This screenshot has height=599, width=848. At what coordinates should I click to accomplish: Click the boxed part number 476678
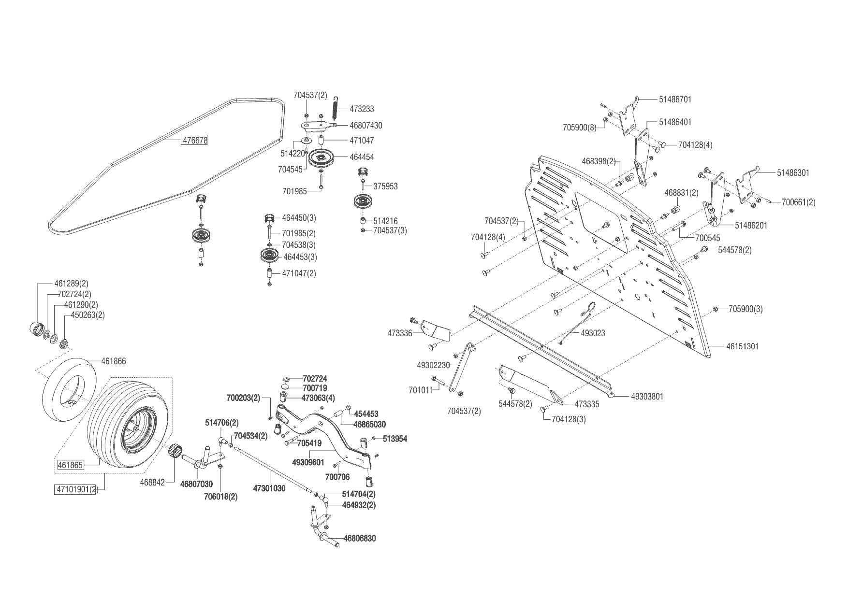(x=194, y=141)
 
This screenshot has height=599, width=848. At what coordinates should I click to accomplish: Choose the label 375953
(x=385, y=186)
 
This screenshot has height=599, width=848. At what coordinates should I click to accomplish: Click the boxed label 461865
(x=71, y=465)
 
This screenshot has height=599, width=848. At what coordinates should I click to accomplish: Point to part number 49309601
(x=308, y=462)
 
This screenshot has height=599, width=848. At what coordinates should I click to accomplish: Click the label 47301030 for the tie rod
(x=269, y=488)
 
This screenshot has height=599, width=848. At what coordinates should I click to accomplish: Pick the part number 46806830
(x=360, y=538)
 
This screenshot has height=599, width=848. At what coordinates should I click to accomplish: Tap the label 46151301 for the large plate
(x=742, y=346)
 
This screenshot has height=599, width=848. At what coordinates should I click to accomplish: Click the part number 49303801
(x=647, y=396)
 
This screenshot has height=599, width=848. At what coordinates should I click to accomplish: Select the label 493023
(x=593, y=333)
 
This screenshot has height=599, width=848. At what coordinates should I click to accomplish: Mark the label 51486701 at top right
(x=675, y=100)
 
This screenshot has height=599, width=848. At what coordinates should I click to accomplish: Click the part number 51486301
(x=793, y=173)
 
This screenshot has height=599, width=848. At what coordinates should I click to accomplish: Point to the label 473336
(x=400, y=333)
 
